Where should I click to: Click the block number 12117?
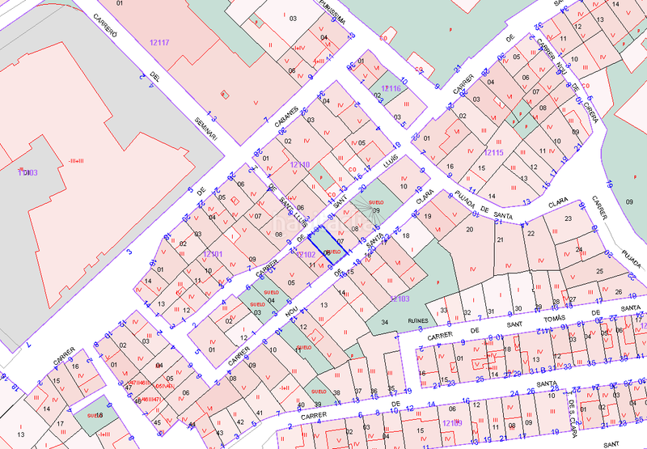(x=159, y=41)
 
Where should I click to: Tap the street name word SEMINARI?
(x=205, y=128)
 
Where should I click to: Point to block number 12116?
(x=391, y=87)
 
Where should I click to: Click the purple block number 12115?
(x=493, y=152)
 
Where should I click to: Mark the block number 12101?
(x=213, y=253)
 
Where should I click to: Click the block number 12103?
(x=400, y=299)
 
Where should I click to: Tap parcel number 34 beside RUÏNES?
(x=385, y=323)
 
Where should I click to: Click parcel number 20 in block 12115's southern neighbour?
(x=469, y=230)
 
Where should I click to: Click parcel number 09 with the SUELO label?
(x=375, y=210)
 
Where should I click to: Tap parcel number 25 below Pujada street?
(x=598, y=272)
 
